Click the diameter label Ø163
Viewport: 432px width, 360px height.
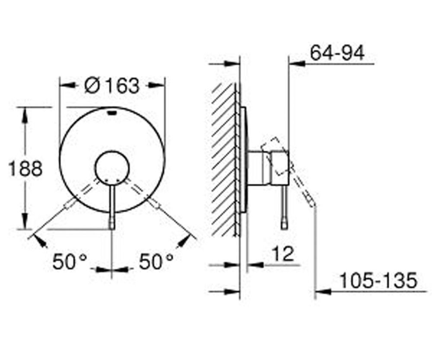tap(112, 85)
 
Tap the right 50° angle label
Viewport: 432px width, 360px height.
tap(156, 262)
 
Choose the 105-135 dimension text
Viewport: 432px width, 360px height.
tap(378, 281)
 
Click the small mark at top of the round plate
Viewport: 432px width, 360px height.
tap(112, 113)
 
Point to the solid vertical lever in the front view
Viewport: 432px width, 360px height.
tap(112, 205)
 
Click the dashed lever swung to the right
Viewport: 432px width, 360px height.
tap(145, 196)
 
